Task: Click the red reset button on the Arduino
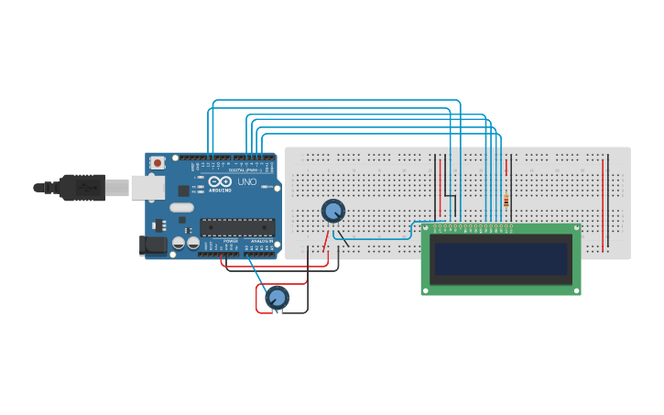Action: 158,163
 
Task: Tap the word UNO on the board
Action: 247,182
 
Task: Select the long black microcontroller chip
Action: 237,227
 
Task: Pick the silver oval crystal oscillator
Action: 182,207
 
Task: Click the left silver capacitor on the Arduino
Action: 179,243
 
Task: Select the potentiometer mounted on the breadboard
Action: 333,212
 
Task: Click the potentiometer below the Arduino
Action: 277,297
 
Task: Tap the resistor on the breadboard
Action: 506,202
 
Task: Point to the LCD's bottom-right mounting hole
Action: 576,290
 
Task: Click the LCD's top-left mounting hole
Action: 426,228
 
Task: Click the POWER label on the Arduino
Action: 229,240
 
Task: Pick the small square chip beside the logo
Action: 183,191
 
